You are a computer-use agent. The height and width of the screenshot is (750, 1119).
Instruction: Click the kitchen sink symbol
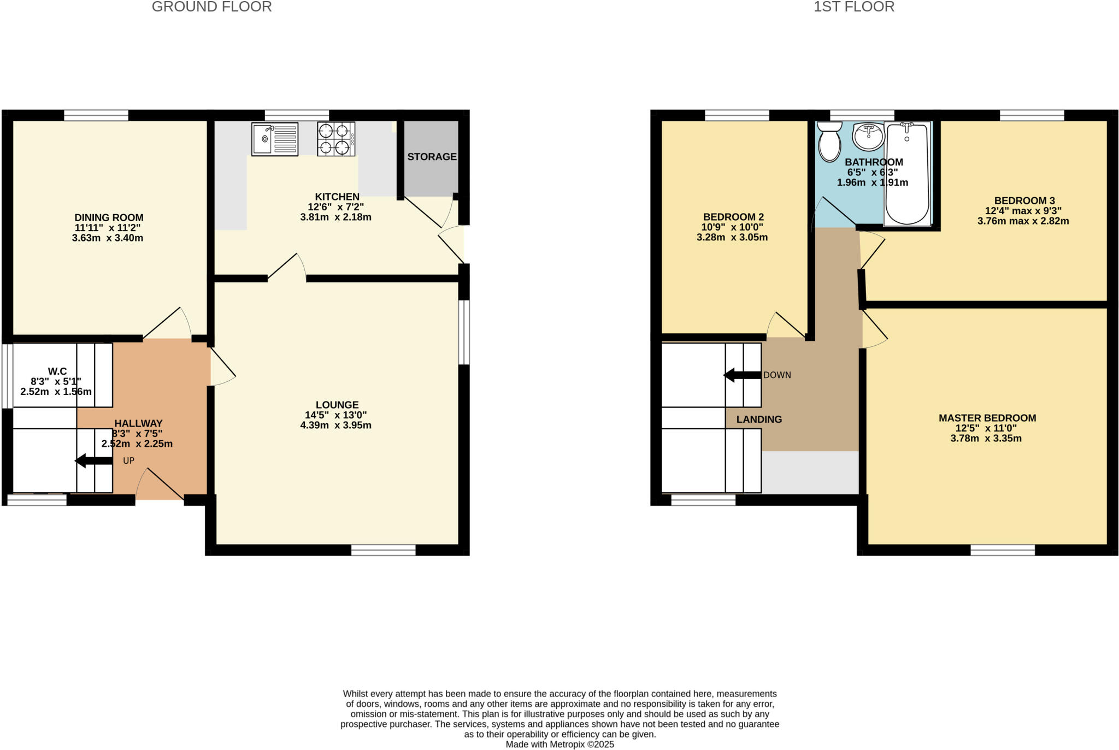[x=275, y=139]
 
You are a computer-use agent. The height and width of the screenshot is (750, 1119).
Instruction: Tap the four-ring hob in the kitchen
[x=335, y=139]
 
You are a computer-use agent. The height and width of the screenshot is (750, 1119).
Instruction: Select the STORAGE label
[x=432, y=157]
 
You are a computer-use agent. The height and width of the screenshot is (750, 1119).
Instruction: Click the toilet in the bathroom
[x=829, y=141]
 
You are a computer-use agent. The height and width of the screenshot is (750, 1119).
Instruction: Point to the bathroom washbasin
[x=868, y=136]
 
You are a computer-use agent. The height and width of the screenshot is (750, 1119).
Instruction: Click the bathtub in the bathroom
[x=907, y=173]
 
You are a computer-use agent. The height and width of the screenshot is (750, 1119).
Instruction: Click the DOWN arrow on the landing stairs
[x=742, y=375]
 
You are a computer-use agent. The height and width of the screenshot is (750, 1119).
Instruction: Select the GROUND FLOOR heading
[x=211, y=7]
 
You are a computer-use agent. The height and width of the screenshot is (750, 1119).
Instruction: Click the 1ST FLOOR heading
[x=853, y=7]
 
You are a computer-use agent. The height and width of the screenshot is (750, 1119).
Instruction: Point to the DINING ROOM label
[x=109, y=217]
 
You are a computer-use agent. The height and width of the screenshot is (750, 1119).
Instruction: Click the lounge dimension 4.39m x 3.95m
[x=335, y=425]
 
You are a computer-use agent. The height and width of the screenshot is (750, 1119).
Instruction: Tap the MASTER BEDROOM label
[x=987, y=418]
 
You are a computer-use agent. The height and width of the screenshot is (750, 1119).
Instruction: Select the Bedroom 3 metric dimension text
[x=1023, y=221]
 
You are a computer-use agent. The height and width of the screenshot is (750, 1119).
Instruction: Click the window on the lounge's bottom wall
[x=383, y=550]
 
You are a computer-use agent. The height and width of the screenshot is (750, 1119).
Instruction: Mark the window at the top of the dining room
[x=96, y=115]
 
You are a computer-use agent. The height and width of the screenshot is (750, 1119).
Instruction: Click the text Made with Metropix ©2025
[x=559, y=744]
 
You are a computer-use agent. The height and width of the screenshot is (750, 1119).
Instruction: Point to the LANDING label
[x=759, y=419]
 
